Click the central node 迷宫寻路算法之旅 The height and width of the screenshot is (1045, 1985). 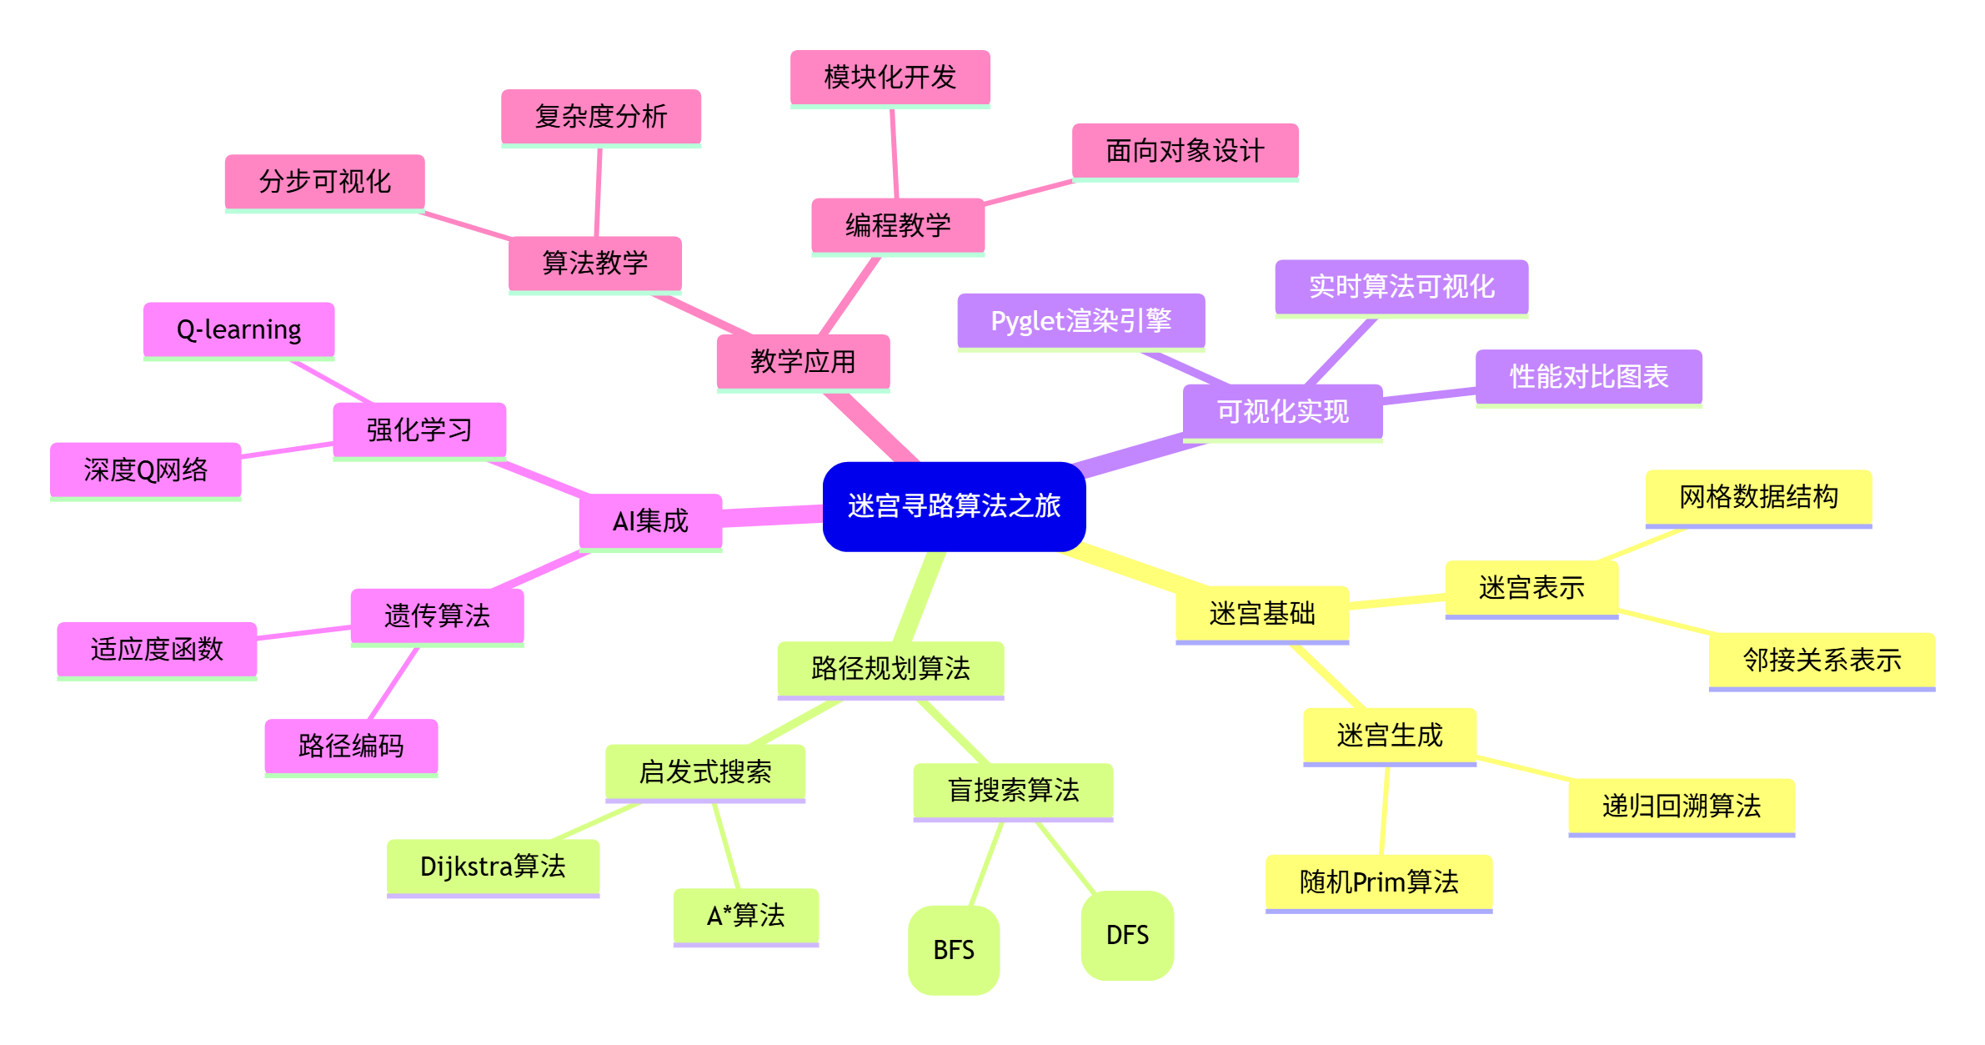coord(954,506)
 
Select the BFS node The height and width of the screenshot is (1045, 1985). coord(953,950)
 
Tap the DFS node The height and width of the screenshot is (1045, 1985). coord(1127,935)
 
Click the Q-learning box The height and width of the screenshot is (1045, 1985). coord(238,330)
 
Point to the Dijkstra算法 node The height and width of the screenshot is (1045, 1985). coord(493,867)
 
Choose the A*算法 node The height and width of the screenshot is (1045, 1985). coord(745,916)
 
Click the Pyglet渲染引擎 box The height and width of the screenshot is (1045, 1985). coord(1080,321)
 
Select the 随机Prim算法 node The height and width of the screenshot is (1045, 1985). coord(1378,882)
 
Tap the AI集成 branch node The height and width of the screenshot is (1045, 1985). coord(650,521)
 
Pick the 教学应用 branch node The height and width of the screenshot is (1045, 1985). coord(803,362)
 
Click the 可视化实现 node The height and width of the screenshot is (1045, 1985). coord(1282,411)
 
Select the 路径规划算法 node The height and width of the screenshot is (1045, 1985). coord(890,669)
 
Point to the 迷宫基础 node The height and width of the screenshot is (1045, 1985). coord(1261,614)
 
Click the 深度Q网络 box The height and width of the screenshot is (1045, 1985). coord(145,470)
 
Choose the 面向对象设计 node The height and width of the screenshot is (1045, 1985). coord(1185,152)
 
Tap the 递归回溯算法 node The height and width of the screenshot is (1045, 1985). coord(1681,806)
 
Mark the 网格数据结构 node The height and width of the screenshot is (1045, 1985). coord(1758,498)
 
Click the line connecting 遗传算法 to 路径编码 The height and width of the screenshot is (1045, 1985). coord(393,684)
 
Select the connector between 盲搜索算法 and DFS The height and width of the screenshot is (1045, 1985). coord(1065,857)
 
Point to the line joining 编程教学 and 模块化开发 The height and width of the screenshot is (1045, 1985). coord(894,153)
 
